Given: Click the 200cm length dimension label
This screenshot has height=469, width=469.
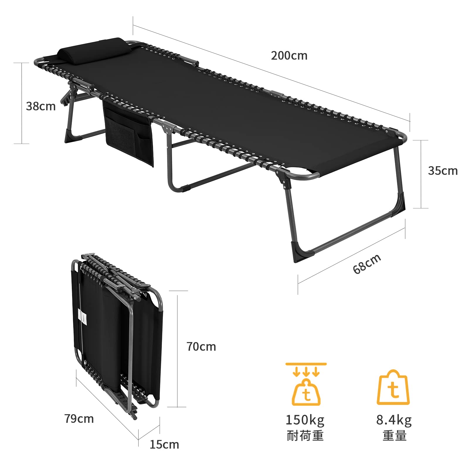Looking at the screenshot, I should (x=289, y=56).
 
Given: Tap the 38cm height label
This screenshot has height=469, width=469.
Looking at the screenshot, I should (x=41, y=106).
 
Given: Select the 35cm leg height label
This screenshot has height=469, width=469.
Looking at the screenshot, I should (x=443, y=171).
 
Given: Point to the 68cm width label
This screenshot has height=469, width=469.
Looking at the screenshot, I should (x=367, y=264).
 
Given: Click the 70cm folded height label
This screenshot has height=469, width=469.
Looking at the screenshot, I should (x=201, y=347).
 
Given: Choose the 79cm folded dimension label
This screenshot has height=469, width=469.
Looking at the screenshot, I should (x=79, y=419).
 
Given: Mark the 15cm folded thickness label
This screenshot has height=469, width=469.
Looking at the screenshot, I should (x=164, y=444).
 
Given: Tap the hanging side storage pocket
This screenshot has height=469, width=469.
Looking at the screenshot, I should (x=129, y=132).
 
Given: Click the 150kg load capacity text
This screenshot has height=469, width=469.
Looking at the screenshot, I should (x=305, y=420).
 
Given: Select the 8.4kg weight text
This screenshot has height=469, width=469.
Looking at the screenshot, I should (x=394, y=420).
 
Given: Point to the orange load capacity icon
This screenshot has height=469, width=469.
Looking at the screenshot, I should (x=306, y=384).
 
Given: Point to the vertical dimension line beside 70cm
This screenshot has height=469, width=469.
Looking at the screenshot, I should (x=177, y=349).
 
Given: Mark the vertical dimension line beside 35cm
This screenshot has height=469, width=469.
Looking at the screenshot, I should (x=421, y=174).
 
